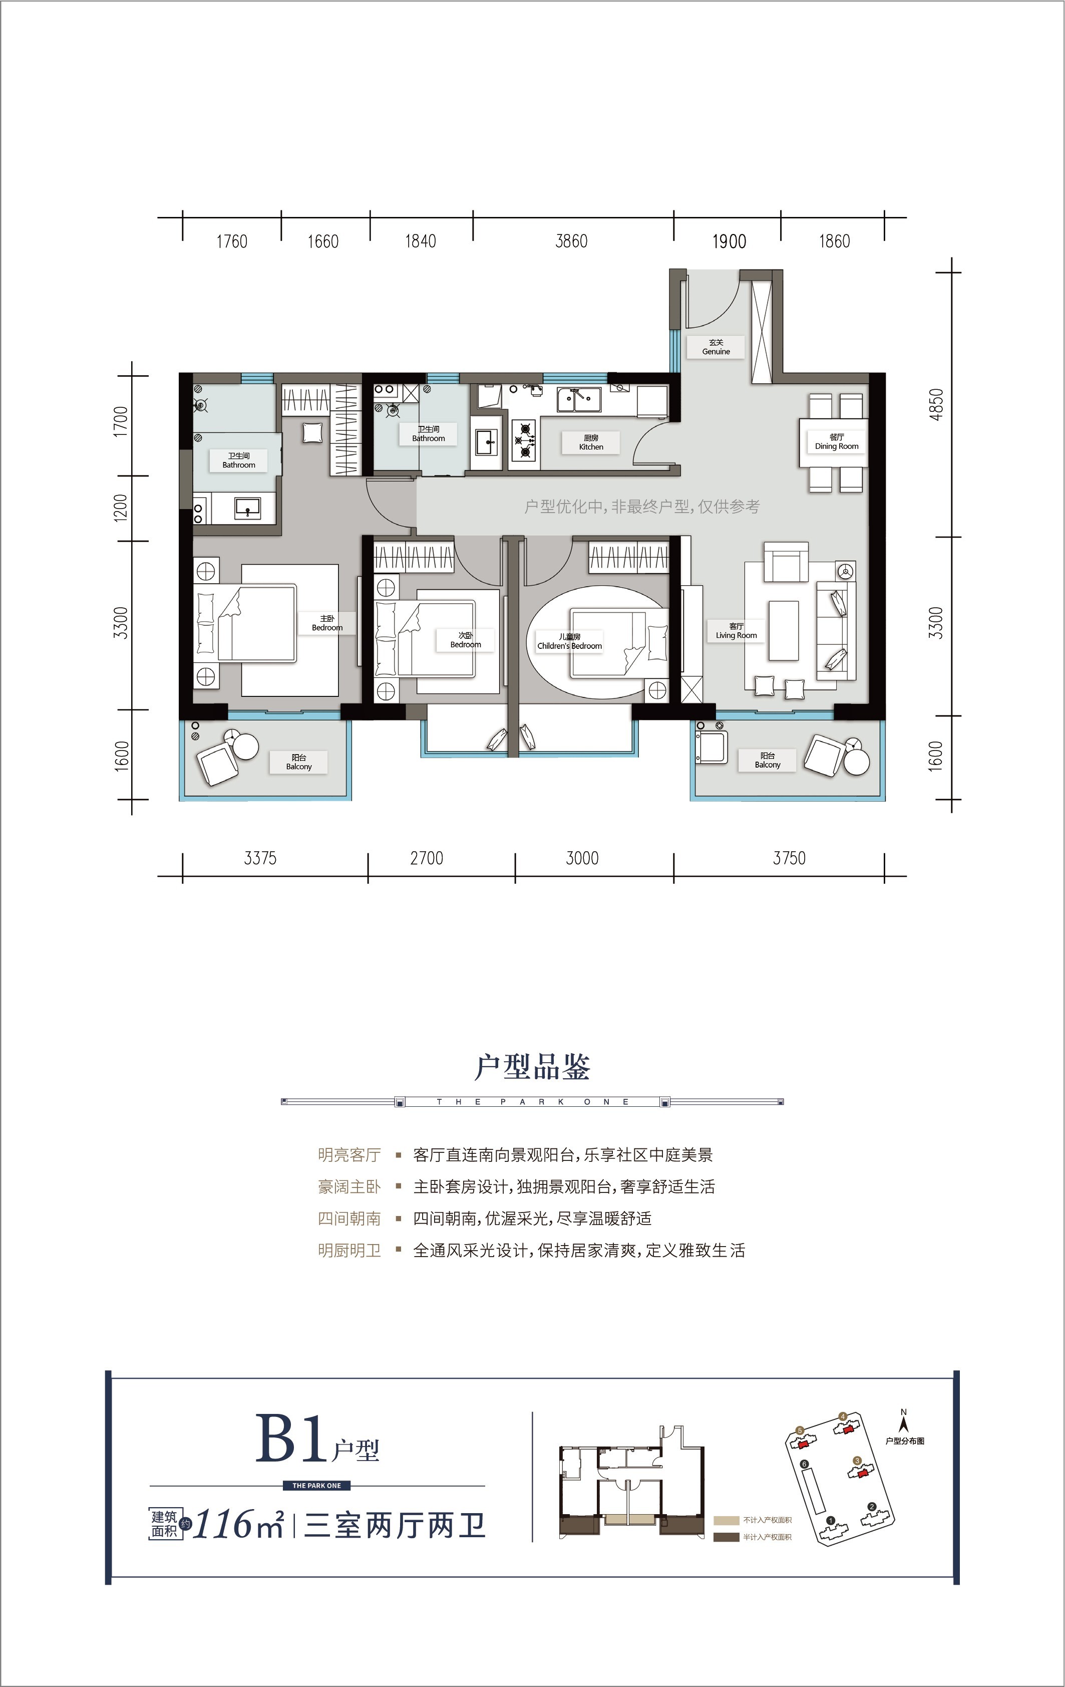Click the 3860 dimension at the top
point(571,241)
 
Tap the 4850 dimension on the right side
point(937,404)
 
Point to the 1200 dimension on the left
point(121,508)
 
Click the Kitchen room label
point(591,442)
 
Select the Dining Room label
point(836,441)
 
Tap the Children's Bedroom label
point(569,642)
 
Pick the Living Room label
point(736,631)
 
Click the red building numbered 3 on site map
point(857,1473)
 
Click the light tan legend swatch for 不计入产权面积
point(726,1520)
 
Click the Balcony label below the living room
point(768,761)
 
